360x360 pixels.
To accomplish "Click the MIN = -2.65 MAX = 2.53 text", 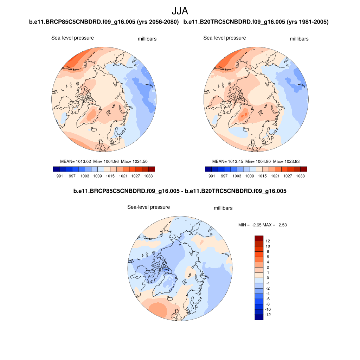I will point(262,225).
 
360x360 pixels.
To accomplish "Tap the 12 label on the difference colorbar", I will point(268,241).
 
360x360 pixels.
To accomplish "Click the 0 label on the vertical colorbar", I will point(268,278).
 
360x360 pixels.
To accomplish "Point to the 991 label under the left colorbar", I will point(59,176).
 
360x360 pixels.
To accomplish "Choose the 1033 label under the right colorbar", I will point(300,176).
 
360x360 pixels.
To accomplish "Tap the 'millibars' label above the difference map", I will point(223,208).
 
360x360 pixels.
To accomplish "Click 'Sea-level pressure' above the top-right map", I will point(225,38).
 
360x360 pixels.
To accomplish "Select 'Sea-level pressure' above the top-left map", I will point(73,38).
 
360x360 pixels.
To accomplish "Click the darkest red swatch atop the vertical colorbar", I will point(259,238).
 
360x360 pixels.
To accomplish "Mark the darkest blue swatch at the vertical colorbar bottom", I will point(259,317).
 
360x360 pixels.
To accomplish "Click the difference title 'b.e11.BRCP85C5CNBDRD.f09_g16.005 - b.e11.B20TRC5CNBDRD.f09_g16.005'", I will point(180,192).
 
